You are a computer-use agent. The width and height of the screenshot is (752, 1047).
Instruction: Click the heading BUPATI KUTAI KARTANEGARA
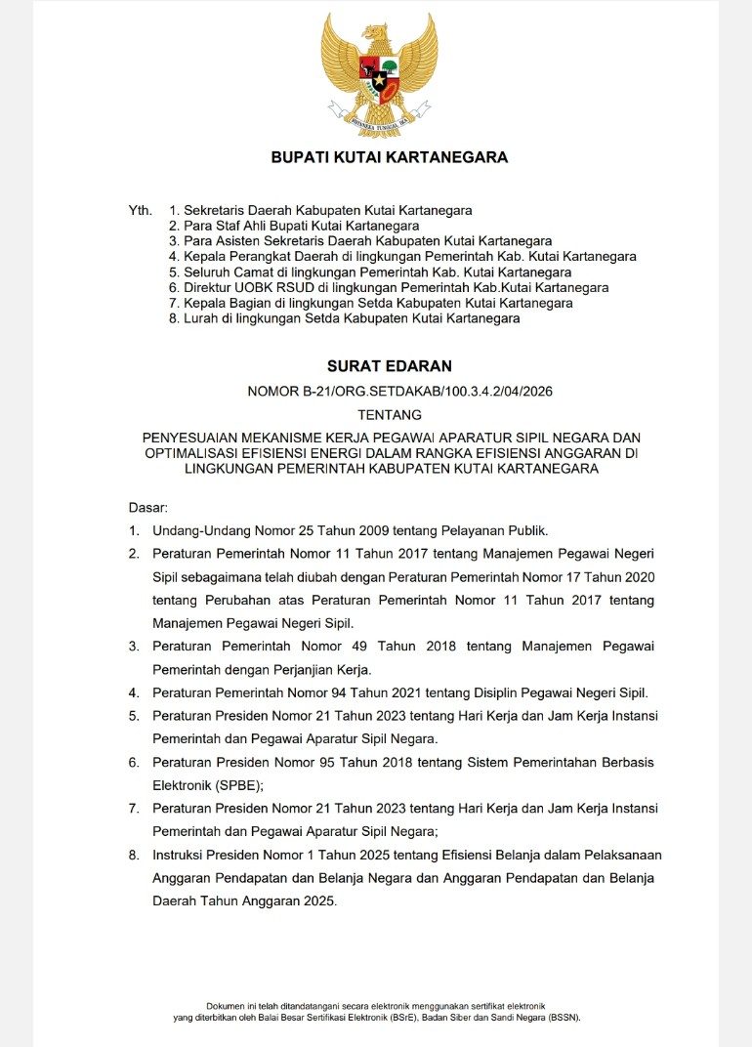[x=389, y=157]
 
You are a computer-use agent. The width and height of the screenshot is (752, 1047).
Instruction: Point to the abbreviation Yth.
[x=141, y=211]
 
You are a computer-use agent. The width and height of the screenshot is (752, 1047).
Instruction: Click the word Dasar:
[x=148, y=508]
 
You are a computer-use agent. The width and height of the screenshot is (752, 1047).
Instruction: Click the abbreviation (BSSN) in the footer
[x=564, y=1017]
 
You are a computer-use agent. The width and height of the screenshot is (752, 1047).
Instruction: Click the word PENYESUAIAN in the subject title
[x=197, y=437]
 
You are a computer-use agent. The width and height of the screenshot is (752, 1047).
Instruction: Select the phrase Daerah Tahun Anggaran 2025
[x=244, y=901]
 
